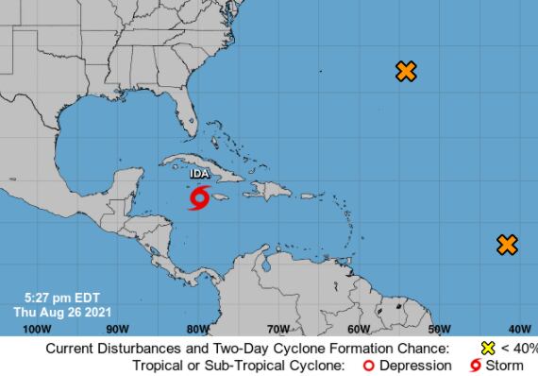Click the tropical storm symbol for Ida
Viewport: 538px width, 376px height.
[199, 198]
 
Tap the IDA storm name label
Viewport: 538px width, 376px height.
[199, 175]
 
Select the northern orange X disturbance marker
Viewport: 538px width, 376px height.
[406, 71]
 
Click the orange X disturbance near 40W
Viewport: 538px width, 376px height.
[507, 245]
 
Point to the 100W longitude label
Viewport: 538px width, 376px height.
[35, 329]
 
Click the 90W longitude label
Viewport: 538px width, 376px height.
[117, 329]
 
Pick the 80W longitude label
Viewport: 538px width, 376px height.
[197, 329]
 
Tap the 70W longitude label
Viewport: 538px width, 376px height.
[277, 329]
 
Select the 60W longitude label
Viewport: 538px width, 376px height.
[358, 329]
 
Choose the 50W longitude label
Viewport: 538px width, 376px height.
[438, 329]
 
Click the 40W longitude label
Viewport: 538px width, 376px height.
[518, 329]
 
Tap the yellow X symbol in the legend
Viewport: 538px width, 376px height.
[488, 348]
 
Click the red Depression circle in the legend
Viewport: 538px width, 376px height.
[370, 366]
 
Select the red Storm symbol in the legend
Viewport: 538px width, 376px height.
[475, 366]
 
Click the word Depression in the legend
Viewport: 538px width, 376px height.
[412, 366]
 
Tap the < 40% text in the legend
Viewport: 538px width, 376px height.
[518, 348]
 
